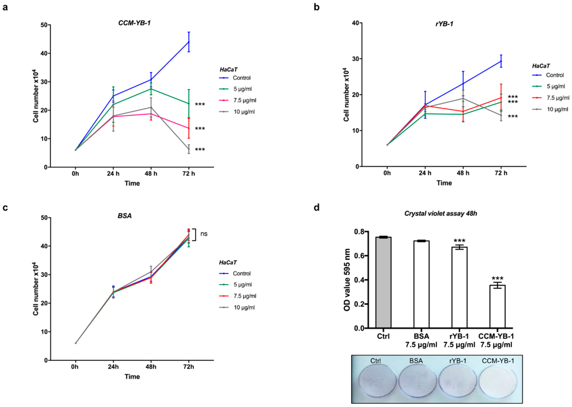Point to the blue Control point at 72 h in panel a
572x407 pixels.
coord(189,42)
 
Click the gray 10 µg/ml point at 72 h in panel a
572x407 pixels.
coord(189,149)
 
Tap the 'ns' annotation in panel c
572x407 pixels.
coord(204,234)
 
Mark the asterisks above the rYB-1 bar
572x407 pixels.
coord(459,241)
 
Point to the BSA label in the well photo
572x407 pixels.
coord(416,361)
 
